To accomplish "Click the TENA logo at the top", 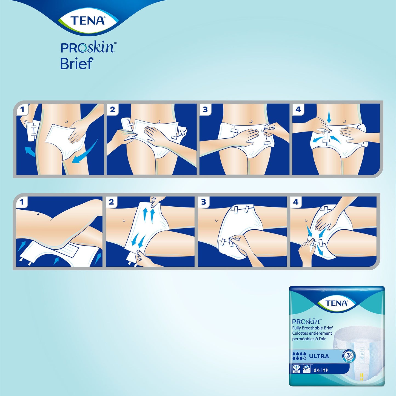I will [88, 21].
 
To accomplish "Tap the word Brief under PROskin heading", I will [76, 64].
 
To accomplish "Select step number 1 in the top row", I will [22, 110].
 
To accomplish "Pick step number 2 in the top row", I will [112, 110].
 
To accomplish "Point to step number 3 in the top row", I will [205, 110].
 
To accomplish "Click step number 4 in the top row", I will [298, 110].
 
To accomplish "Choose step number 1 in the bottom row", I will [22, 203].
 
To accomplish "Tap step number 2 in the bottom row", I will [111, 203].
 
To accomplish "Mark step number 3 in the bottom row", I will [203, 203].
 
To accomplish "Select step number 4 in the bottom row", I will [296, 203].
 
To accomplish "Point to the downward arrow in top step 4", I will [329, 118].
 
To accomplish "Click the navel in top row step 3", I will [251, 121].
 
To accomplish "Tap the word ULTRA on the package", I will [319, 356].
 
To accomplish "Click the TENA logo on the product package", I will [337, 303].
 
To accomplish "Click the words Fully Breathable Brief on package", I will [312, 328].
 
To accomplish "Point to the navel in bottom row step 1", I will [37, 214].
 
